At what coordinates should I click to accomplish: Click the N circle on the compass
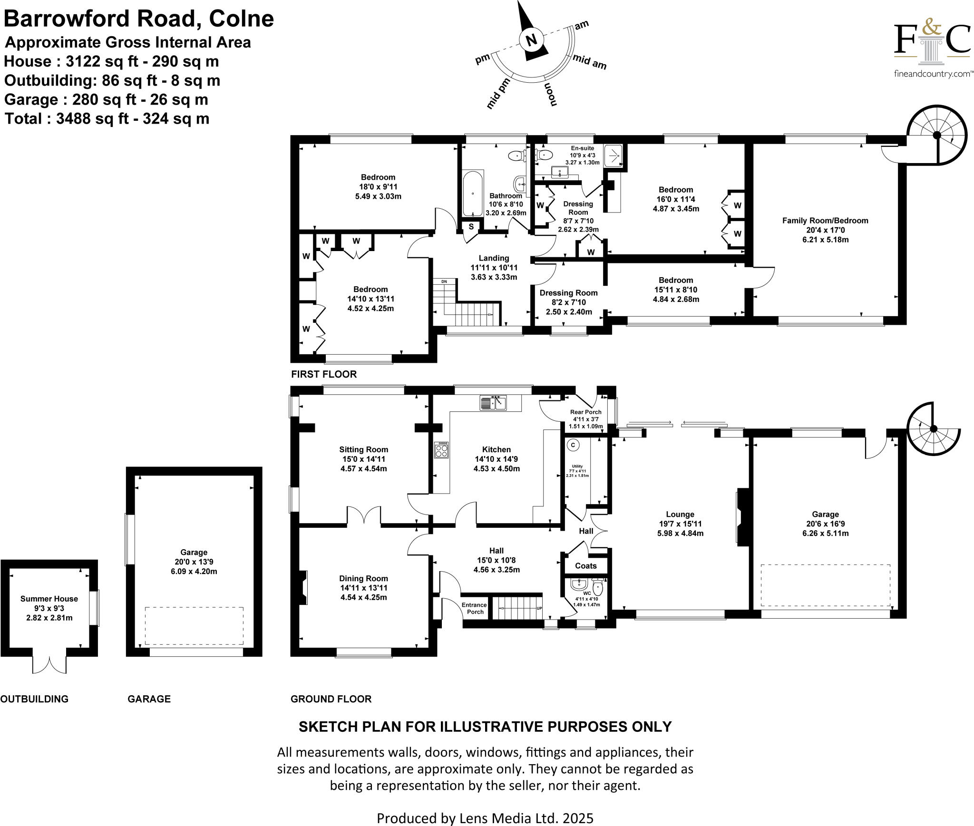(532, 40)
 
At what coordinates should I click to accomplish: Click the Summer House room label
(49, 599)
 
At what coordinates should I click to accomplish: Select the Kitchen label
(497, 449)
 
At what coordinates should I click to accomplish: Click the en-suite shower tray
(614, 155)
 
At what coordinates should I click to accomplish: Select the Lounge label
(680, 514)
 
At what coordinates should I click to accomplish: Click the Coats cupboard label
(585, 566)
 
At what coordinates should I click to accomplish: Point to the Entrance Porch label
(475, 608)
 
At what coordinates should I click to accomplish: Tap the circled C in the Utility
(574, 445)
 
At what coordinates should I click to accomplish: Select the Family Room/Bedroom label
(825, 221)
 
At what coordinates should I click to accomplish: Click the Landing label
(494, 258)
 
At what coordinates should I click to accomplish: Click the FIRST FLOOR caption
(324, 374)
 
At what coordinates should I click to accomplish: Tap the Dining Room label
(363, 579)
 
